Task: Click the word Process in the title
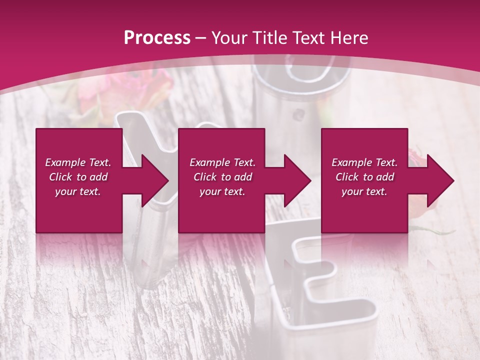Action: pos(157,38)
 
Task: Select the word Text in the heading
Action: pos(307,38)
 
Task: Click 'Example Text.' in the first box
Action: pos(78,162)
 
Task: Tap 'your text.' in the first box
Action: pos(78,191)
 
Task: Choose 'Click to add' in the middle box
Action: pos(222,177)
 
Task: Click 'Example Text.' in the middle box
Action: pos(222,162)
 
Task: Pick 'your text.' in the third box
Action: pos(364,191)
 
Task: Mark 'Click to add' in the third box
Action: pos(364,177)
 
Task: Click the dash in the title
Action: pos(201,38)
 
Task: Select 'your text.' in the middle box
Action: pos(222,191)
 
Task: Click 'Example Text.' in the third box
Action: pos(364,162)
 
